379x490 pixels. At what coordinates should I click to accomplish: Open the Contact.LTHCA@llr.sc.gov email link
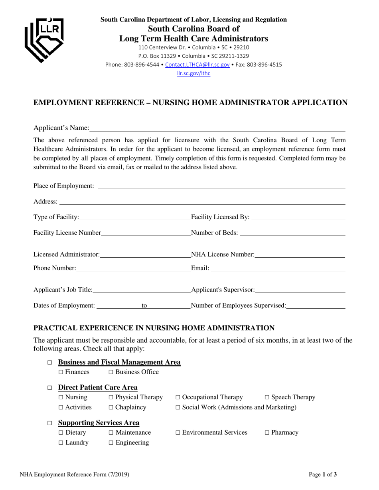click(197, 65)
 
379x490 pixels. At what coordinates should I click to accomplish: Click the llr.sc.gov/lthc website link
click(193, 73)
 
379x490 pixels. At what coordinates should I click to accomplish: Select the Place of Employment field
click(221, 186)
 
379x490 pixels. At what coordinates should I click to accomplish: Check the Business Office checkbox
click(111, 372)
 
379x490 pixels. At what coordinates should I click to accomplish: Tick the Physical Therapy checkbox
click(111, 398)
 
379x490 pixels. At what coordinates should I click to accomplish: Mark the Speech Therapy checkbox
click(267, 398)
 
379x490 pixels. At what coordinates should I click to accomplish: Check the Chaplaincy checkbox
click(111, 408)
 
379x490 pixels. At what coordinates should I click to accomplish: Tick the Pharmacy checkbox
click(267, 433)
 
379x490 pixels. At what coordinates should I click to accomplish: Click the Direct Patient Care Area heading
click(98, 387)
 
